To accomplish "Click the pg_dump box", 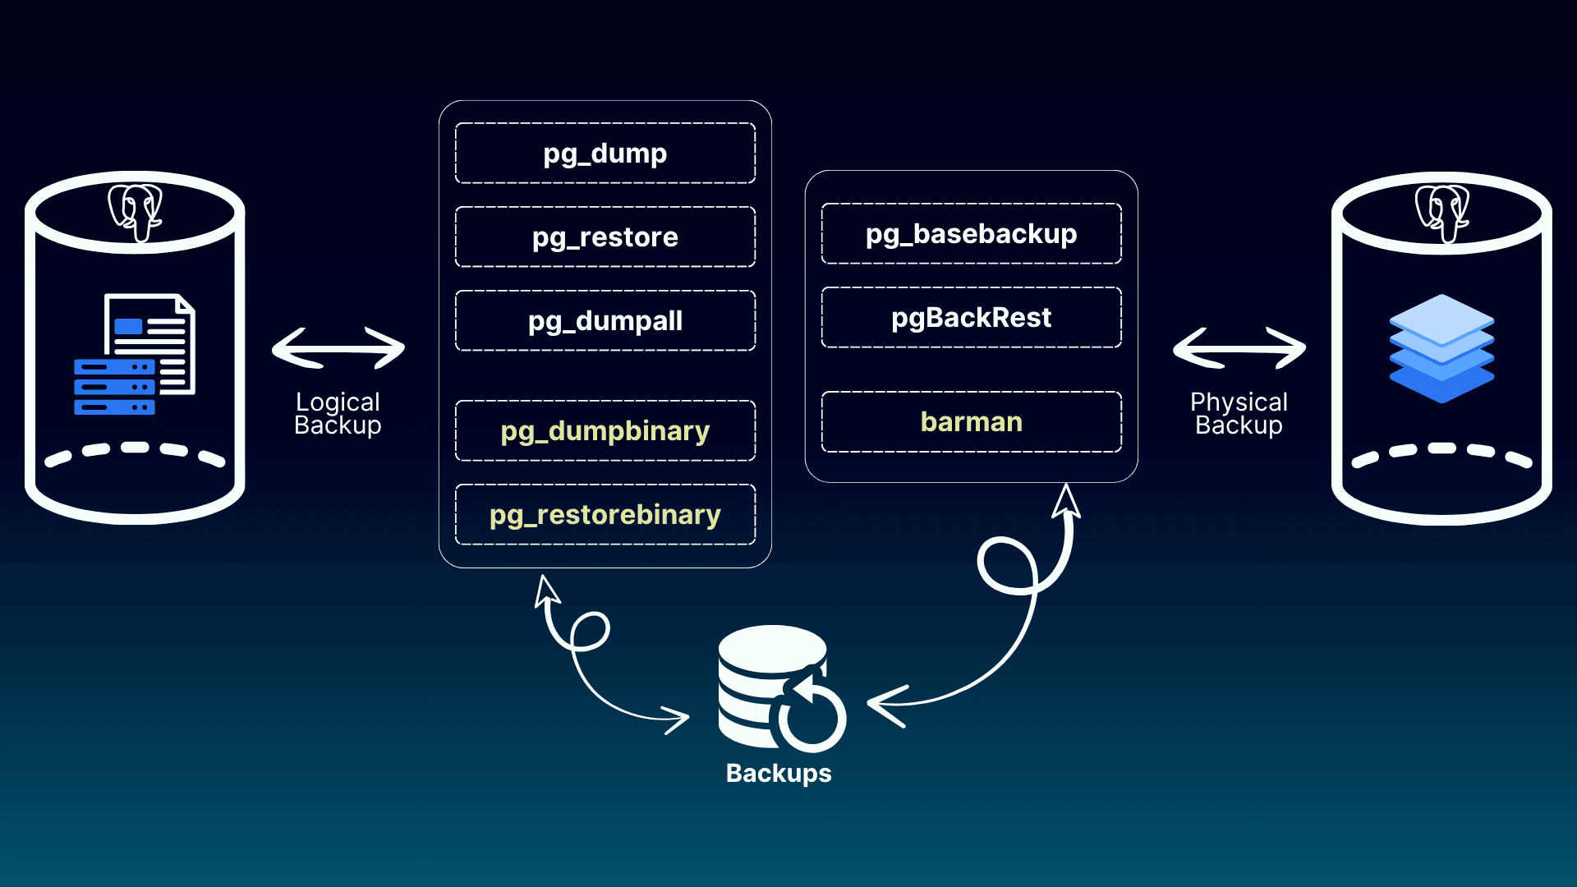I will coord(605,154).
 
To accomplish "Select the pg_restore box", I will coord(605,237).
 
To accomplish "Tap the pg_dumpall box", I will coord(605,321).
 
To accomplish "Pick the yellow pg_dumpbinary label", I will coord(605,431).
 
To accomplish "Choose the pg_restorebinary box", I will coord(605,515).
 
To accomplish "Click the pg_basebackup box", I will coord(971,234).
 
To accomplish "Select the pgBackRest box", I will coord(971,318).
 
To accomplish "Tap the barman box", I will coord(971,422).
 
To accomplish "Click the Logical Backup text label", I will coord(338,413).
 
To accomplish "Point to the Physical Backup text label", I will coord(1239,413).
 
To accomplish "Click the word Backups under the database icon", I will coord(779,774).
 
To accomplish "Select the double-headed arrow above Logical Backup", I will coord(338,348).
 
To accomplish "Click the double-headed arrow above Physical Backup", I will coord(1239,348).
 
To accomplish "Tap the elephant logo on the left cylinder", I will coord(136,212).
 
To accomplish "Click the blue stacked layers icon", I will coord(1441,348).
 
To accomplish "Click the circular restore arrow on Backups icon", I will coord(811,711).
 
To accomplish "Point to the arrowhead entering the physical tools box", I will coord(1066,500).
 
